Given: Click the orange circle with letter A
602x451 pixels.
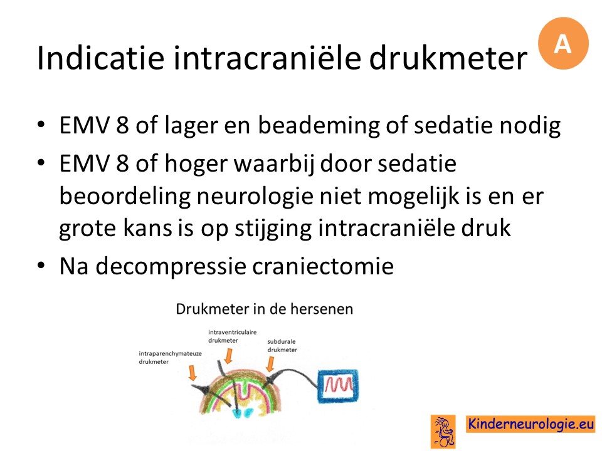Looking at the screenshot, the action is click(x=563, y=43).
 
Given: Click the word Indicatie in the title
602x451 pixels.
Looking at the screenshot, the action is click(x=100, y=58).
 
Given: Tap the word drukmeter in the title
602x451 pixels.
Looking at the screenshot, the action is click(x=448, y=58).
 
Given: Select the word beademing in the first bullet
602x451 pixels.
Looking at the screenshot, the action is click(x=319, y=126).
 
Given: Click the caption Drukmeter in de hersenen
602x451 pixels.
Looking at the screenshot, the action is click(x=265, y=309).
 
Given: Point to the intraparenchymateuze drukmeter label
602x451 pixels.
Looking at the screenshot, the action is click(x=170, y=358).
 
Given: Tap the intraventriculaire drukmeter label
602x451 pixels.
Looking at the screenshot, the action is click(x=232, y=336).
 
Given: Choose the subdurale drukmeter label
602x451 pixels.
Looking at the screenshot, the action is click(x=282, y=346).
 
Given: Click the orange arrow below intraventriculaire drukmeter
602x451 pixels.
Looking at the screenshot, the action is click(x=228, y=356).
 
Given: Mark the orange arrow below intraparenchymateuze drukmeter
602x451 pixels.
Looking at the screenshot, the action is click(x=193, y=373).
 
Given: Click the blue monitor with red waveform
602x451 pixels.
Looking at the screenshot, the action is click(x=338, y=386).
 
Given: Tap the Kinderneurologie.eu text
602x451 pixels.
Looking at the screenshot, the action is click(x=531, y=424).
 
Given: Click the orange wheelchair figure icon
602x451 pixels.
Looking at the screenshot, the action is click(x=443, y=432).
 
